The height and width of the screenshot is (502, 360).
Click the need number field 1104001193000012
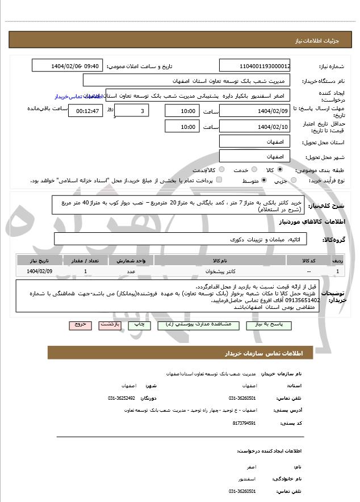(254, 66)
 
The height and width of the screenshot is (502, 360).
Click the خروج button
(79, 325)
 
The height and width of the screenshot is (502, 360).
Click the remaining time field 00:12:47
(85, 111)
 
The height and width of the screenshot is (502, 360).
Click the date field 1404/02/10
(254, 127)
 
